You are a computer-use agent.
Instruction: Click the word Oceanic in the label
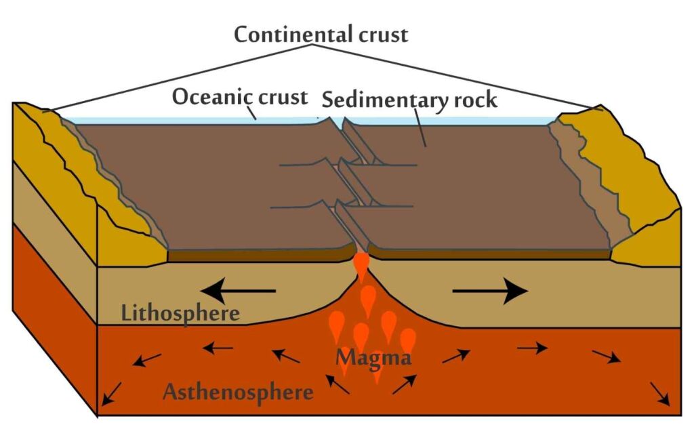(x=211, y=96)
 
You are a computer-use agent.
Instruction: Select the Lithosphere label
(x=180, y=313)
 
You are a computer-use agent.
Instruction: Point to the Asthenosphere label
(x=238, y=392)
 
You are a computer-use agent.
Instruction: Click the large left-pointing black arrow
(x=238, y=291)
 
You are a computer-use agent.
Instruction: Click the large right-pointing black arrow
(x=491, y=291)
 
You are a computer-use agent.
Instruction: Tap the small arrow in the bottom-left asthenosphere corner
(x=111, y=393)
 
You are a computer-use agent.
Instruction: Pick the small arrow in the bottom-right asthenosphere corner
(x=659, y=393)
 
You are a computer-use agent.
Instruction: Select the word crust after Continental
(x=384, y=35)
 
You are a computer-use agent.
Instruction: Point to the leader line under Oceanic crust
(x=251, y=112)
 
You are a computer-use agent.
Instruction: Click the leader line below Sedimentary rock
(x=420, y=127)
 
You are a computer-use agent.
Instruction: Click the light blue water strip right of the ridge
(x=451, y=121)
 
